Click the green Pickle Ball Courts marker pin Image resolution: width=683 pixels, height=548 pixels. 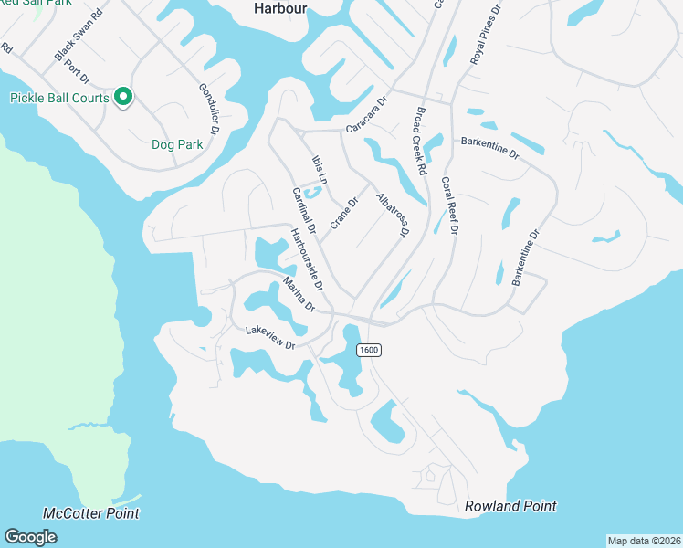[123, 97]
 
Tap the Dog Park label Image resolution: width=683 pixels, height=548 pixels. [176, 144]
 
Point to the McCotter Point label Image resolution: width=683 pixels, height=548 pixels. [91, 513]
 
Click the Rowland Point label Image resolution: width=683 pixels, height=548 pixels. [510, 506]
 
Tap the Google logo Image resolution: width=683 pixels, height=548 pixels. [30, 537]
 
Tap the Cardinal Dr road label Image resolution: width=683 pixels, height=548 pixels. [303, 209]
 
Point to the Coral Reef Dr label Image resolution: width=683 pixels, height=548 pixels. [448, 206]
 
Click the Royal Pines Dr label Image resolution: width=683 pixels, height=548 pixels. [487, 34]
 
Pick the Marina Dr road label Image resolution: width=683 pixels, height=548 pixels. [299, 293]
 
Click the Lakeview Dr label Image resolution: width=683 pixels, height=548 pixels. [270, 339]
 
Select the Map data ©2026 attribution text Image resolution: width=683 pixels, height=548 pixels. [645, 541]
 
